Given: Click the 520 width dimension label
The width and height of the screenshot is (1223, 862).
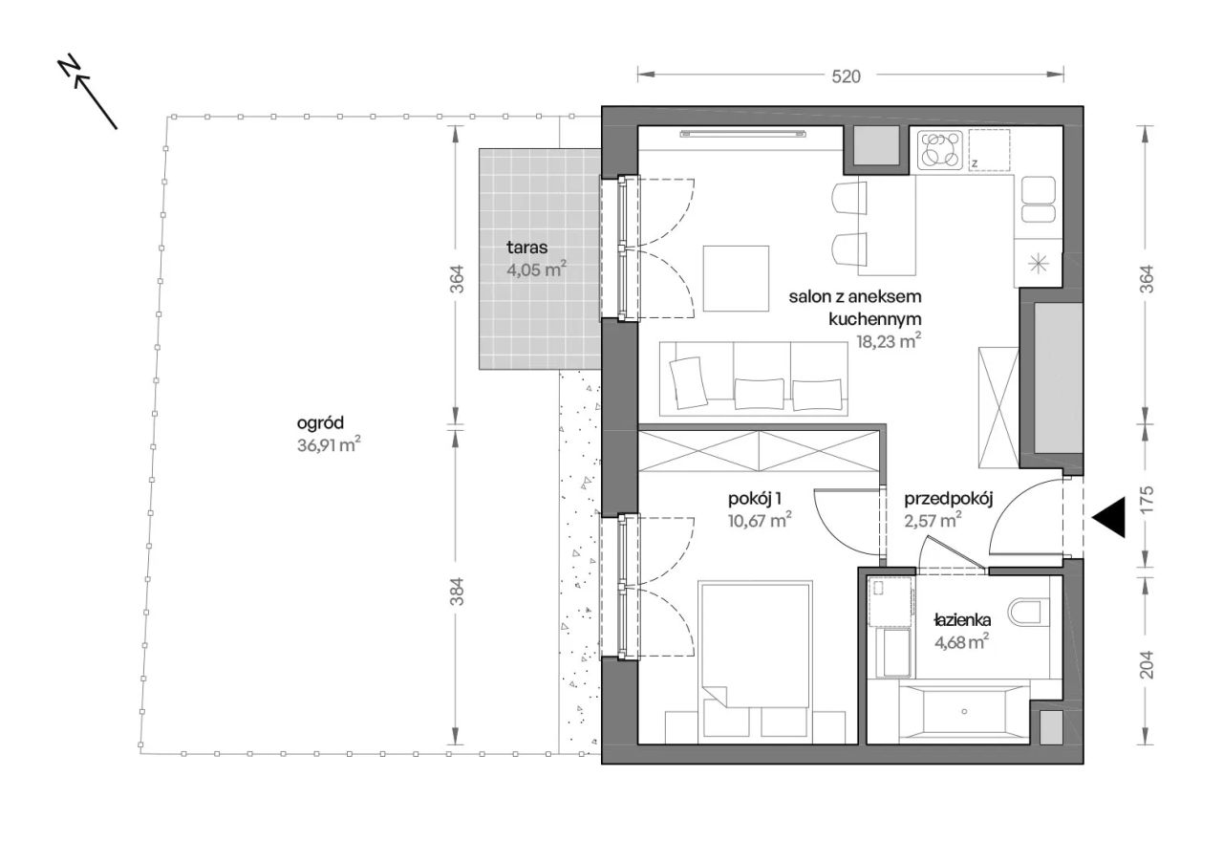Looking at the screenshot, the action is pos(846,76).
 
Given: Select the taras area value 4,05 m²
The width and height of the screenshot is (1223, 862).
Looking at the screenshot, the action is pos(536,269).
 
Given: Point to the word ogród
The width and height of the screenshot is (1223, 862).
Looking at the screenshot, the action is pos(320,422).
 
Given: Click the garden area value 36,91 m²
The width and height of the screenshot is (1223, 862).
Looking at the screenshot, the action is pos(329,444).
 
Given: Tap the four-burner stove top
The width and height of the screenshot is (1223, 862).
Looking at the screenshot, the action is pos(939,150).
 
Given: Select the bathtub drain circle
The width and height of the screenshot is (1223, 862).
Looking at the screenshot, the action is pos(964,711).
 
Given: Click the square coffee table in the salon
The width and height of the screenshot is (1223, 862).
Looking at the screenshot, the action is pos(736,279).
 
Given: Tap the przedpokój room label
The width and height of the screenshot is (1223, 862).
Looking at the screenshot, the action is pos(949,499).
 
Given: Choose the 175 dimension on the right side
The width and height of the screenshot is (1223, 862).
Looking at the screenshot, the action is pos(1148,498).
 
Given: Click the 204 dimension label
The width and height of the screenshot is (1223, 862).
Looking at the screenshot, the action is pos(1148,664).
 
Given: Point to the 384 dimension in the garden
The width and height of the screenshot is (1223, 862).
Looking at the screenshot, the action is pos(457,591).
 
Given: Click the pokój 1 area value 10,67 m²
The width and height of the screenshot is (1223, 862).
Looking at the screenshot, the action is pos(760,520).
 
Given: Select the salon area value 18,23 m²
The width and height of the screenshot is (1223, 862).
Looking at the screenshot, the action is pos(889,341).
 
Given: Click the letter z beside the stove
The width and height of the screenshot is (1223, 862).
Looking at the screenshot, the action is pos(975,162).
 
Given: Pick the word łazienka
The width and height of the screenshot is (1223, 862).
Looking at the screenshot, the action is pos(962,620).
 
